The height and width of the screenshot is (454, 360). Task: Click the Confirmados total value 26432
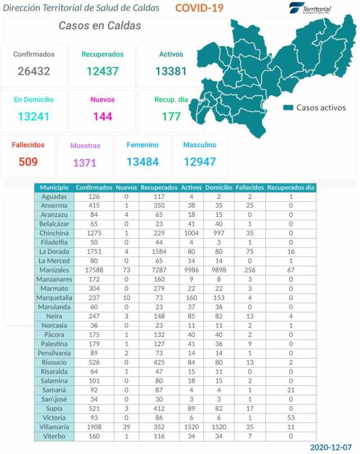[34, 71]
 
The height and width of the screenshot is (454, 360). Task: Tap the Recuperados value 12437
[102, 71]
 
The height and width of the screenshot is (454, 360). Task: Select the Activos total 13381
[171, 71]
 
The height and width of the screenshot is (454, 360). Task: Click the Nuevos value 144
[102, 116]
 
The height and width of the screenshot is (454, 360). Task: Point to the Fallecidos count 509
[28, 162]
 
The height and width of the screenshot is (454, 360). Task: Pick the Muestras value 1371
[85, 163]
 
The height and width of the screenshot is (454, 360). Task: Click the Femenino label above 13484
[142, 145]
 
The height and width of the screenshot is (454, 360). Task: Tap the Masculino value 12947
[200, 162]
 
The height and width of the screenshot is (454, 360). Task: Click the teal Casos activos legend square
[289, 107]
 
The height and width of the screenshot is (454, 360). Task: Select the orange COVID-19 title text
[199, 8]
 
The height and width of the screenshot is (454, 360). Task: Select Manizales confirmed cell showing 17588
[94, 270]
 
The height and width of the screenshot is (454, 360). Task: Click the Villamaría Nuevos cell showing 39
[127, 426]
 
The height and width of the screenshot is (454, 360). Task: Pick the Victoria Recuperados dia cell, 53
[291, 417]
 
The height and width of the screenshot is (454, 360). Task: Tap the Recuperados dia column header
[291, 187]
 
